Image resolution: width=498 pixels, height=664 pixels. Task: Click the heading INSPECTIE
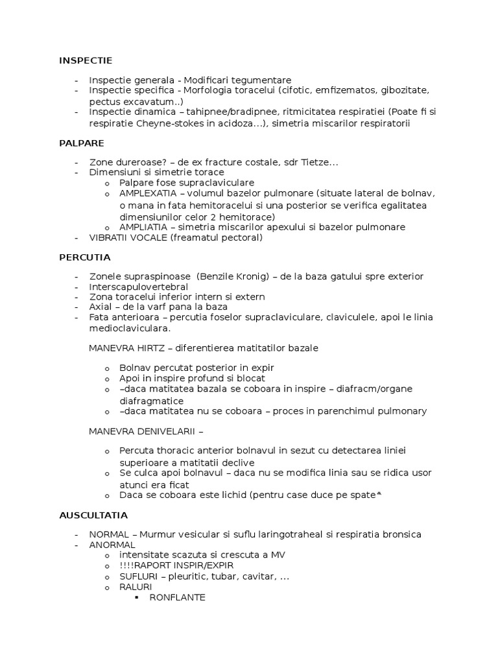tap(86, 60)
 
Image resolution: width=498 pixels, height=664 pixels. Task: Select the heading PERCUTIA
tap(85, 257)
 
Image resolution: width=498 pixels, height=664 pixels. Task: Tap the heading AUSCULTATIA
tap(93, 516)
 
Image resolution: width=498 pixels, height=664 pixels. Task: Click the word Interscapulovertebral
tap(139, 287)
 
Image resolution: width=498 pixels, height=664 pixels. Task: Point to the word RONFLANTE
tap(177, 597)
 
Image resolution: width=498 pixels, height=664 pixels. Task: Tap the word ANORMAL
tap(112, 545)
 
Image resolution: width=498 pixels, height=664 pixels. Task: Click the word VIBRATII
tap(110, 237)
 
